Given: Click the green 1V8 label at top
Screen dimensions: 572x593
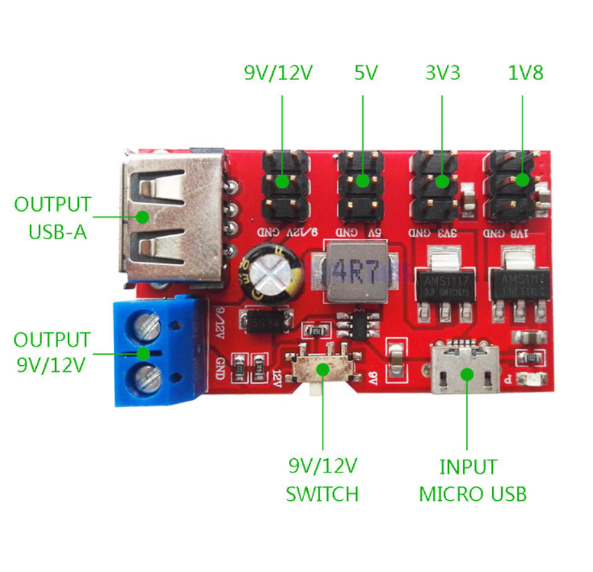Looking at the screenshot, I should pyautogui.click(x=524, y=73).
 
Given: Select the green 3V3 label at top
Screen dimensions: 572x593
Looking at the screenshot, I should pyautogui.click(x=442, y=73).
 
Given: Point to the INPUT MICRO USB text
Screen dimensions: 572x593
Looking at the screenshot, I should pyautogui.click(x=472, y=480).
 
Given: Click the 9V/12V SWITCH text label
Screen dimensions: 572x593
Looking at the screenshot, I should pyautogui.click(x=322, y=480).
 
